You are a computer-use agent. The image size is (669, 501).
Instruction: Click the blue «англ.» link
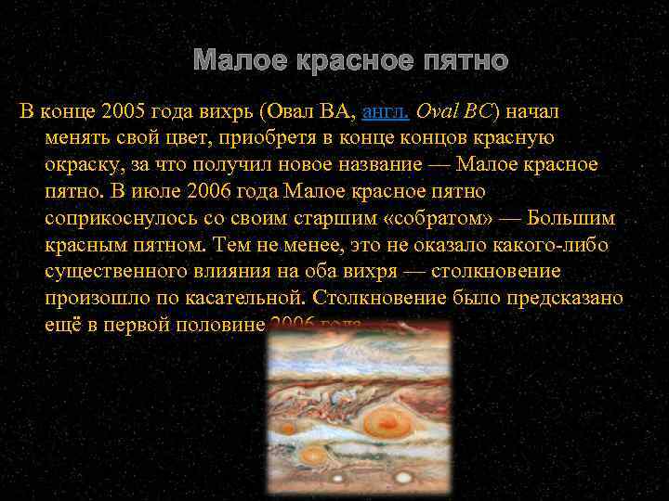click(385, 112)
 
